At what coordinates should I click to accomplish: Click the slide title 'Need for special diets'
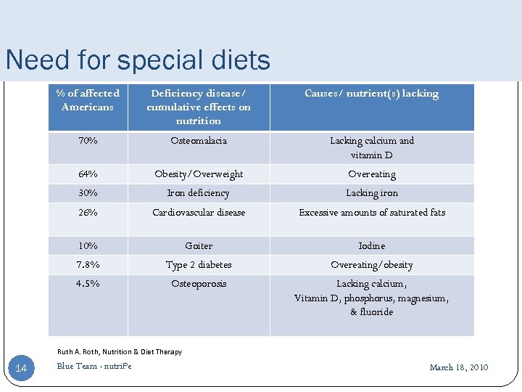point(138,60)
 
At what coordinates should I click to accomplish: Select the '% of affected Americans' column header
point(88,100)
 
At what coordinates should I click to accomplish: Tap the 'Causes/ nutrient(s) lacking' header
point(371,93)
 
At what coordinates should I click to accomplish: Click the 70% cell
point(88,141)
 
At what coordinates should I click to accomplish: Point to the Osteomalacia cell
point(199,141)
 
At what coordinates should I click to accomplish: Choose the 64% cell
point(88,174)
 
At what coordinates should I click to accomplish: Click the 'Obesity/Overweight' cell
point(199,174)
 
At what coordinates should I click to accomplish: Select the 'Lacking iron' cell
point(371,193)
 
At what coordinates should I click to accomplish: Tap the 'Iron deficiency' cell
point(199,193)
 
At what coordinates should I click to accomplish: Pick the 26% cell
point(88,213)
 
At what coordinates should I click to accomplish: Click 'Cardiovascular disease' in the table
point(199,213)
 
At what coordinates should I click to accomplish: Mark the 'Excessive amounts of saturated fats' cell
point(371,213)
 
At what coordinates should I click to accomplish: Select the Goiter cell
point(199,246)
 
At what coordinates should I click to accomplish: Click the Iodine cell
point(371,246)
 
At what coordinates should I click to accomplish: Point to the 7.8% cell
point(88,265)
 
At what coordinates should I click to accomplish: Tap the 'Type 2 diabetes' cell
point(199,265)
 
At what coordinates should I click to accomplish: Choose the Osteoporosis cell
point(199,284)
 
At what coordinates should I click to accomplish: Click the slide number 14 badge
point(21,369)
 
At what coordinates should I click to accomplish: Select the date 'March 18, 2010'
point(458,367)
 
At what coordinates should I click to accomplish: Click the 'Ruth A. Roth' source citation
point(120,352)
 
